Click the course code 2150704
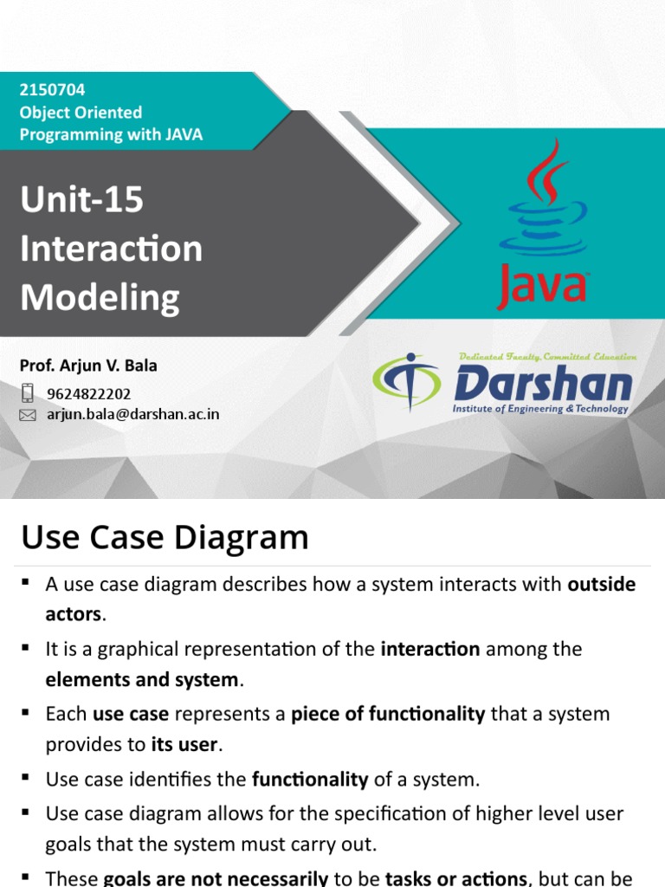pyautogui.click(x=52, y=90)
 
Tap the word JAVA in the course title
pyautogui.click(x=184, y=134)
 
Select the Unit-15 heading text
pyautogui.click(x=82, y=199)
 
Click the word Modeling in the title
pyautogui.click(x=100, y=298)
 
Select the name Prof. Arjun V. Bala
pyautogui.click(x=88, y=366)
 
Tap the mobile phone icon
pyautogui.click(x=27, y=392)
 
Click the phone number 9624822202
pyautogui.click(x=89, y=394)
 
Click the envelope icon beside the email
pyautogui.click(x=27, y=415)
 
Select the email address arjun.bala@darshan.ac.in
pyautogui.click(x=132, y=414)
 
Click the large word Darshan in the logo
pyautogui.click(x=543, y=383)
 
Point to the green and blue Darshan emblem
pyautogui.click(x=407, y=381)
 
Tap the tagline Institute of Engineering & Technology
pyautogui.click(x=540, y=409)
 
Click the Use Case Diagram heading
pyautogui.click(x=165, y=537)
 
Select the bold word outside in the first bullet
pyautogui.click(x=602, y=584)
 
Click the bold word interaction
pyautogui.click(x=430, y=649)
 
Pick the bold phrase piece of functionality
pyautogui.click(x=388, y=714)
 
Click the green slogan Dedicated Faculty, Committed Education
pyautogui.click(x=547, y=357)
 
